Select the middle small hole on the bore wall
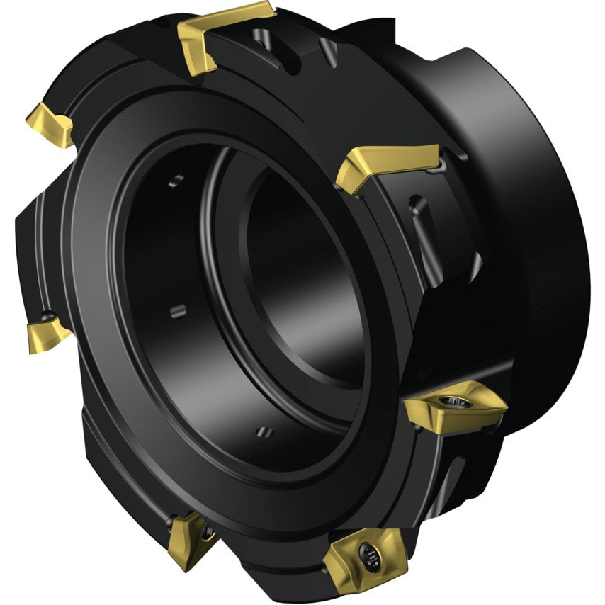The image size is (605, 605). coord(177,310)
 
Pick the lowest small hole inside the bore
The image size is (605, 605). coord(264,431)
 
